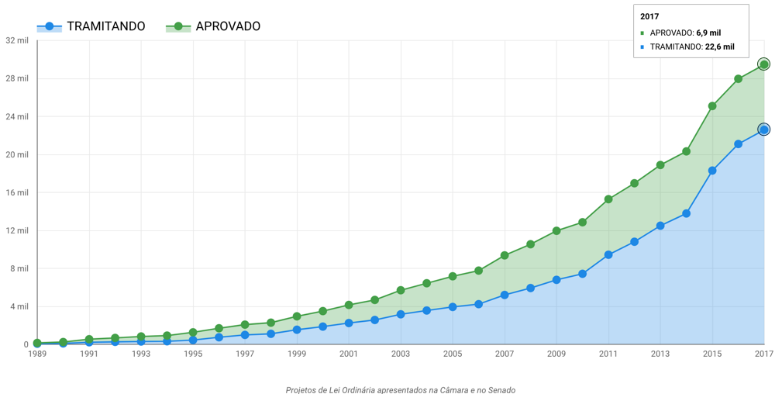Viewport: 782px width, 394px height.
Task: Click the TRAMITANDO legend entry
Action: coord(91,26)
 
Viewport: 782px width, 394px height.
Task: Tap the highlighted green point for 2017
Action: coord(763,64)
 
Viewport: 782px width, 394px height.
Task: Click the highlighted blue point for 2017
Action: coord(763,130)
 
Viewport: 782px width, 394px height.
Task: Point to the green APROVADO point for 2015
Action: coord(712,106)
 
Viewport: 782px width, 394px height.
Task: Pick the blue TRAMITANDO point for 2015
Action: coord(712,171)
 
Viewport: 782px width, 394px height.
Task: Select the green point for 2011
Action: coord(608,199)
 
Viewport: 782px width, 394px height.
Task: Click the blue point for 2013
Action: coord(660,226)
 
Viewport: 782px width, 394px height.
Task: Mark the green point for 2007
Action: coord(505,255)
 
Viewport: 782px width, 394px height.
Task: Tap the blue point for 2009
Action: coord(556,280)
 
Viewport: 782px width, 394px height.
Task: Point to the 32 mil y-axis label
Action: coord(16,40)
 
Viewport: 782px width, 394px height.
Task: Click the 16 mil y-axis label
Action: coord(16,192)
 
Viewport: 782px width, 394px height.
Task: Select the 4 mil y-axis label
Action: coord(19,306)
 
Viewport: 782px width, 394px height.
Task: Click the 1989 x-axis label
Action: coord(37,354)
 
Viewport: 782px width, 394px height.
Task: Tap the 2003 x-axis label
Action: coord(401,354)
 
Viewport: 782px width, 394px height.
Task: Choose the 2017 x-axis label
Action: coord(763,354)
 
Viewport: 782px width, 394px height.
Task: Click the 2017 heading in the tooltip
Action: coord(649,16)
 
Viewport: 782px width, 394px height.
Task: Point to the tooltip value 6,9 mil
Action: coord(708,33)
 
